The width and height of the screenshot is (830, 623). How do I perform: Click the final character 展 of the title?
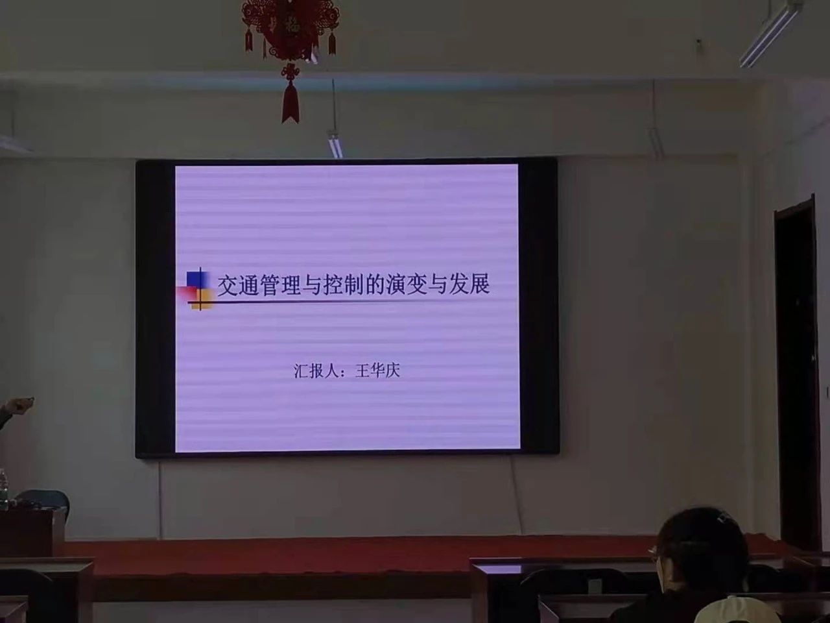point(478,283)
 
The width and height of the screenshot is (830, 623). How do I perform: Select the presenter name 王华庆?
point(377,371)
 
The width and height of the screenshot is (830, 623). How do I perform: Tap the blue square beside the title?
point(197,280)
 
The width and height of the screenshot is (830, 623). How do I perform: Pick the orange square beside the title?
point(201,300)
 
